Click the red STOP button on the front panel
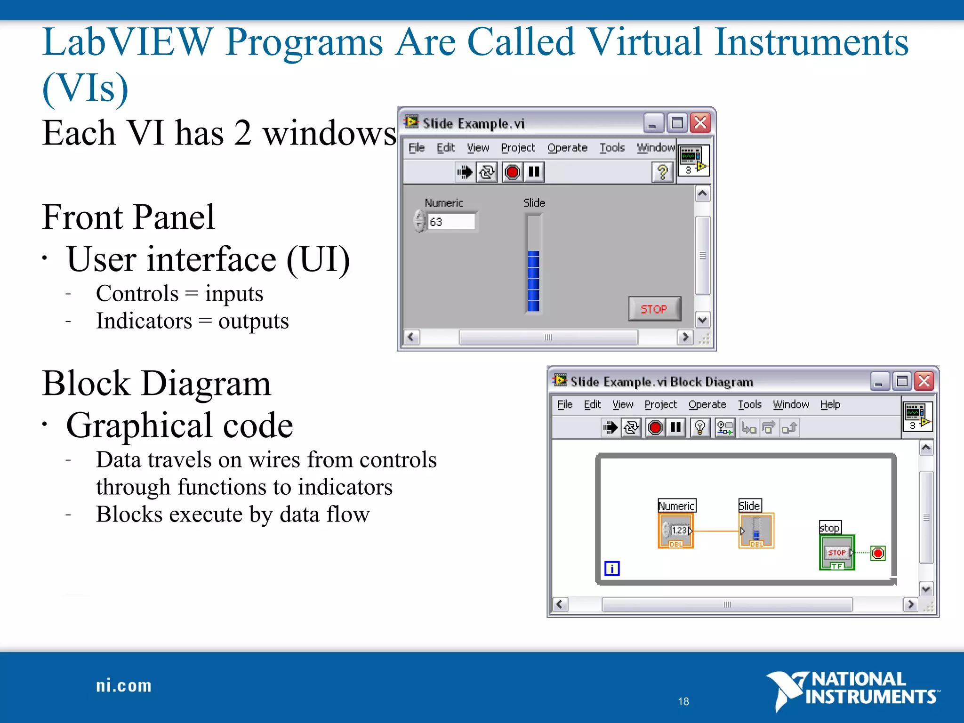tap(654, 309)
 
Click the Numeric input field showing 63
tap(450, 221)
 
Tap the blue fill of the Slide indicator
tap(533, 281)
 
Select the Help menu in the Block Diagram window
tap(830, 404)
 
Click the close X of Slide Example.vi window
tap(700, 123)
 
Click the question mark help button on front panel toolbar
tap(662, 172)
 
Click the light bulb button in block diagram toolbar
tap(700, 427)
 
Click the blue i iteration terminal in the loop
tap(612, 569)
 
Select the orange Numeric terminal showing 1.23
tap(676, 531)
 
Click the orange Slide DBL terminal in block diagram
tap(756, 531)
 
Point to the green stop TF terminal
tap(837, 553)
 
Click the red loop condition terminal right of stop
tap(878, 553)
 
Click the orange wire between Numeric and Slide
tap(715, 531)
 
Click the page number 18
tap(683, 701)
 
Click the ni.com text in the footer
tap(124, 686)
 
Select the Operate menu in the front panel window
tap(567, 148)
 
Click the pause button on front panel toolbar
tap(534, 172)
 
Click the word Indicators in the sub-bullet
tap(144, 321)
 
